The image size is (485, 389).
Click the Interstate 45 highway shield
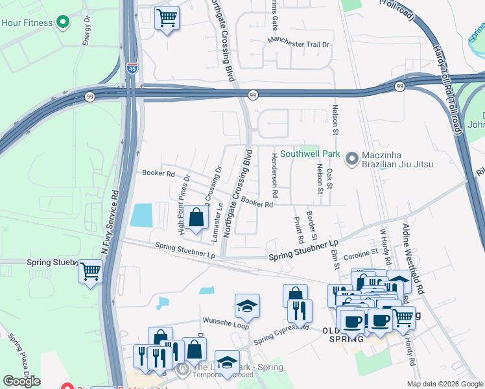[132, 67]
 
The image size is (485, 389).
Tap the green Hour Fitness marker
[63, 23]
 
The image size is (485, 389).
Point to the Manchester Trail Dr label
[300, 45]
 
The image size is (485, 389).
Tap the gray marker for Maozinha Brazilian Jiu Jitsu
[352, 158]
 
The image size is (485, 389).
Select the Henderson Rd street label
[274, 179]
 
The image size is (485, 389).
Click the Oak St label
[329, 179]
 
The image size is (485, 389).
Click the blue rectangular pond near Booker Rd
[141, 215]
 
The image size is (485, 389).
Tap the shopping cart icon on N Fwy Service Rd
[90, 271]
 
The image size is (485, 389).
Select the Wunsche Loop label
[226, 320]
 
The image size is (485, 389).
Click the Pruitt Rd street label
[299, 226]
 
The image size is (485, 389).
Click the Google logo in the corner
[21, 381]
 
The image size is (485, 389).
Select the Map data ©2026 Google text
[445, 384]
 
